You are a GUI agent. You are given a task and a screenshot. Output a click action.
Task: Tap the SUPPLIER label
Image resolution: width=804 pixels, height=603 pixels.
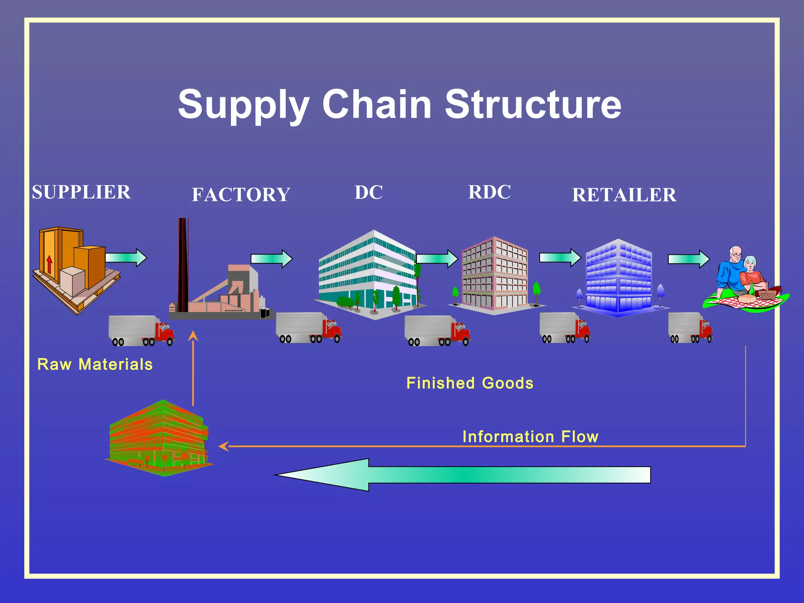tap(81, 192)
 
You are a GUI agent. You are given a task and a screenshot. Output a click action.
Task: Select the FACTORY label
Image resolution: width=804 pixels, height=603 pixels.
tap(241, 195)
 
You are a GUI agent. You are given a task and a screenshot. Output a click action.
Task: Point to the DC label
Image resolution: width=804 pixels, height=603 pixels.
tap(368, 192)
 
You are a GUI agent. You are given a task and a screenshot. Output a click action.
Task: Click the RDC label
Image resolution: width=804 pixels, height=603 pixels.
tap(489, 192)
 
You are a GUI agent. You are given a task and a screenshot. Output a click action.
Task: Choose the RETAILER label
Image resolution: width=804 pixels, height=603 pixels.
tap(624, 195)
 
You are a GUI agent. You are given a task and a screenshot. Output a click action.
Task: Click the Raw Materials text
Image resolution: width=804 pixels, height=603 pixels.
tap(95, 364)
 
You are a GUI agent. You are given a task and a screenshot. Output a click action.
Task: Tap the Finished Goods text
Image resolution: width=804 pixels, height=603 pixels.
tap(470, 383)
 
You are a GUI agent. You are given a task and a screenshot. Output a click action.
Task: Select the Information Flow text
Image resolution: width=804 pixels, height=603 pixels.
tap(530, 437)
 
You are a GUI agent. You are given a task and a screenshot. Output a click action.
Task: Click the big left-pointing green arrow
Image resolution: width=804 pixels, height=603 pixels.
tap(463, 475)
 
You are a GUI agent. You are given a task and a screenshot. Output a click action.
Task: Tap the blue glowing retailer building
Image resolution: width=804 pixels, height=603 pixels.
tap(619, 279)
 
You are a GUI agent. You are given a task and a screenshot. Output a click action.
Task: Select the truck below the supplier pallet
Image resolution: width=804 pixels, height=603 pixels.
tap(141, 331)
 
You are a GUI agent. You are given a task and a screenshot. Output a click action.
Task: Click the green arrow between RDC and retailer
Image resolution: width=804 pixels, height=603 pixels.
tap(559, 258)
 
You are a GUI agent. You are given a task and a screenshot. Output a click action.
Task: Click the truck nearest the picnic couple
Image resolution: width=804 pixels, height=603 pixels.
tap(690, 327)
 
